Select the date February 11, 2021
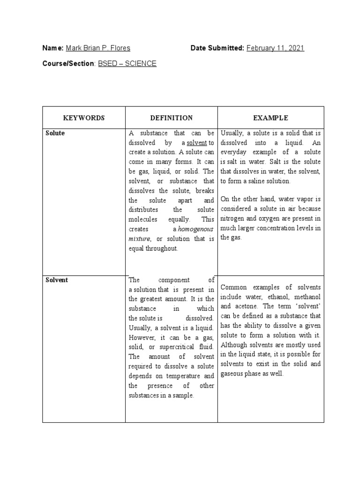275,48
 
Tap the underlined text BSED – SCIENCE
127,63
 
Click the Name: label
53,48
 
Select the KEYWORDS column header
84,118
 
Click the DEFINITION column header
171,118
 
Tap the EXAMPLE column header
270,118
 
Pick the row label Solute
55,134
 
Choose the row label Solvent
57,280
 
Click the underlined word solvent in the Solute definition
197,142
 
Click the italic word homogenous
195,229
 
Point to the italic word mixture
139,239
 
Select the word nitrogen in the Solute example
234,218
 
